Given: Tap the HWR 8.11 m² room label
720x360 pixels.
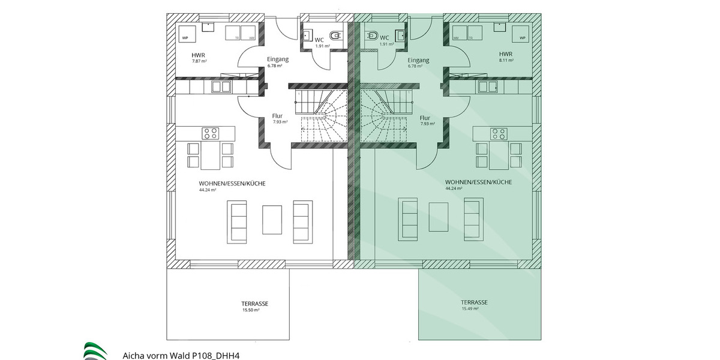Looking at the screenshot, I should tap(506, 57).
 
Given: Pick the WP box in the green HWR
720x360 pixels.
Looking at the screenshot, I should tap(521, 35).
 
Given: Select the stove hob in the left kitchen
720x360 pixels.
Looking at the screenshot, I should tap(210, 133).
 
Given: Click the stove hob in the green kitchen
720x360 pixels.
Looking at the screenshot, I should tap(498, 133).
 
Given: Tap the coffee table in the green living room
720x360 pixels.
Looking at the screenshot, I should tap(437, 217).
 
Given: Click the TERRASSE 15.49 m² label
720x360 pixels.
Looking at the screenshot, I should tap(474, 305).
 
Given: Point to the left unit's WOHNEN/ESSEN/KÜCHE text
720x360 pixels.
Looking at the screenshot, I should tap(232, 184).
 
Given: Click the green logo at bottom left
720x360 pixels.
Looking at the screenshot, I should tap(95, 351).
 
